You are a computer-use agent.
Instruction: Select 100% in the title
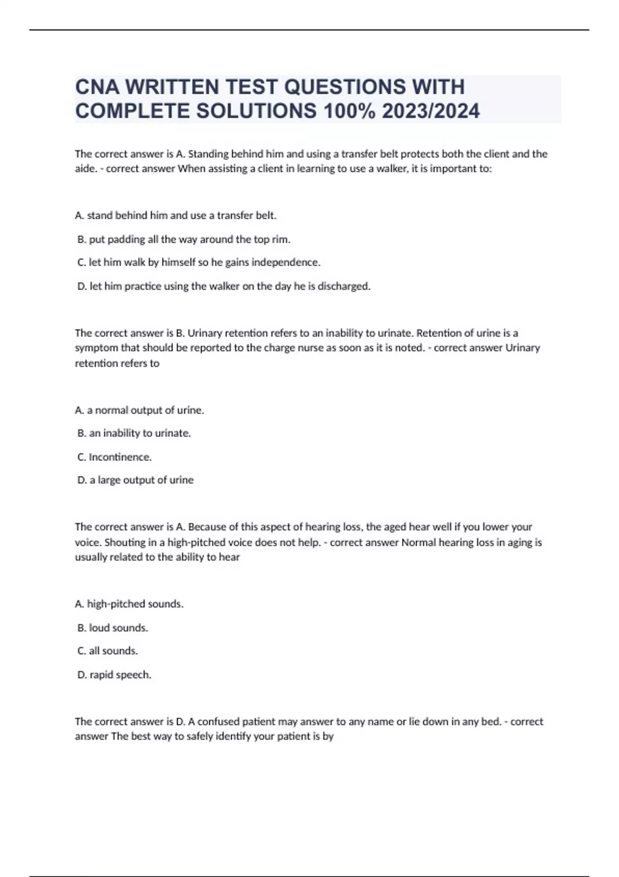349,111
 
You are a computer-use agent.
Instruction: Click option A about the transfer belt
176,216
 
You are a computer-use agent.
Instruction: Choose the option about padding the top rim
184,239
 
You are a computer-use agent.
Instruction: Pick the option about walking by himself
199,263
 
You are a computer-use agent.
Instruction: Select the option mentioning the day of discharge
224,286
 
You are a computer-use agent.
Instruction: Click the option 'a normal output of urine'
140,410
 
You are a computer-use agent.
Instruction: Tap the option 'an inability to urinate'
134,433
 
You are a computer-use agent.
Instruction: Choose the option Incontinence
115,457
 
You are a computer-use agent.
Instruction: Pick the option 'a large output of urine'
135,480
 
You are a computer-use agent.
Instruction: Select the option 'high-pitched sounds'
129,604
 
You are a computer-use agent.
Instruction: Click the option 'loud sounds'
112,628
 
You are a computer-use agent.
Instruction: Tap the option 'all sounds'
107,651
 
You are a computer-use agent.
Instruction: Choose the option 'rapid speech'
114,675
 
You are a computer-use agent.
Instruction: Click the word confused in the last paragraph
218,721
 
